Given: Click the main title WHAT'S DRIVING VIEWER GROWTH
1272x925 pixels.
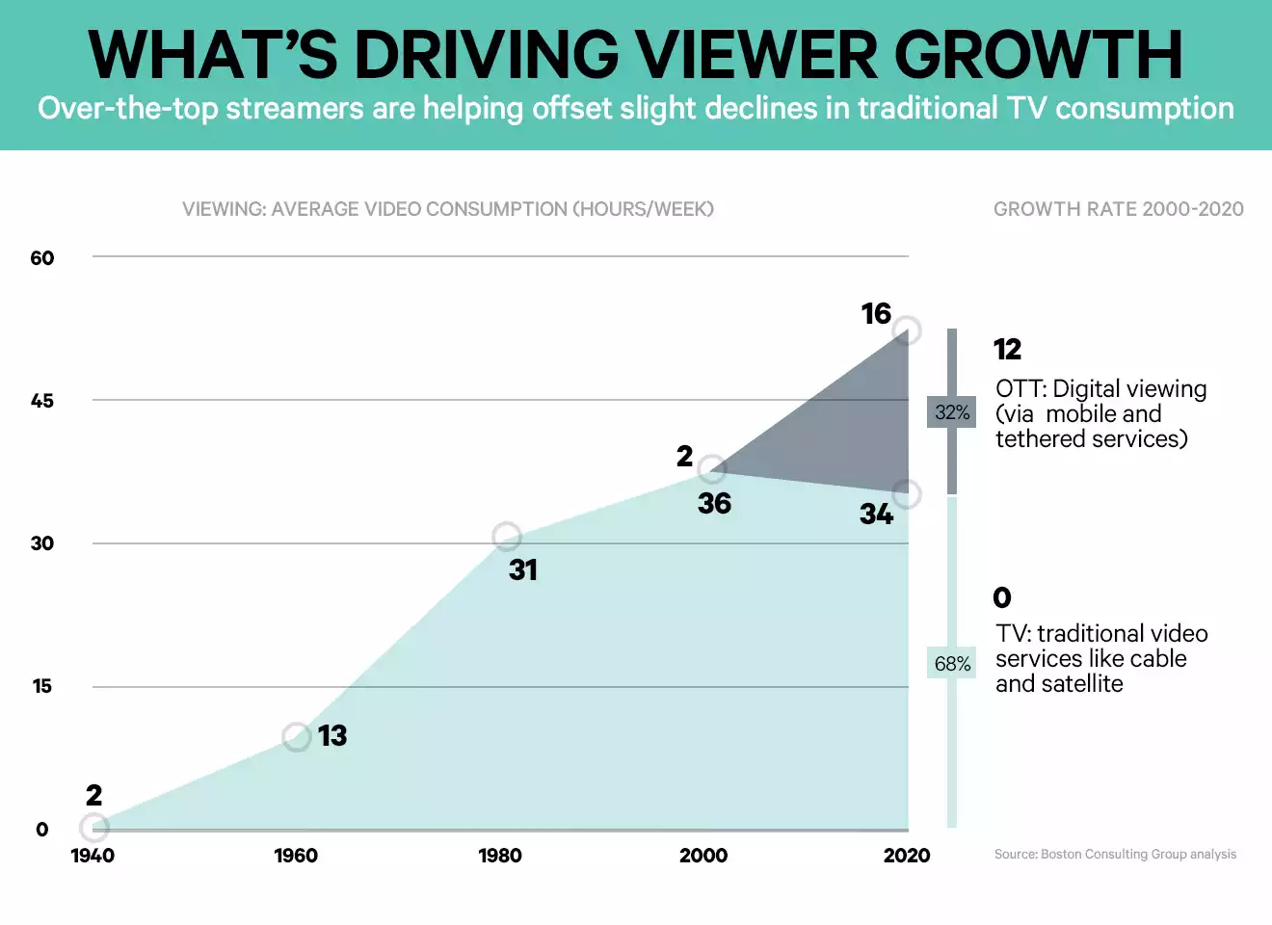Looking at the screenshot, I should tap(635, 55).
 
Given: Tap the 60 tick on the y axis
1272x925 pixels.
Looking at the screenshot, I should tap(42, 257).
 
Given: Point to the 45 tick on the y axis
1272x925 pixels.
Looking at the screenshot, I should tap(42, 401).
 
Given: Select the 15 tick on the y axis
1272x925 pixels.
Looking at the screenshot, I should tap(42, 686).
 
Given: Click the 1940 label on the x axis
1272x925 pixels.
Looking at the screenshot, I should tap(93, 856).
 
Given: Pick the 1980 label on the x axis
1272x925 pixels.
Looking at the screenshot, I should tap(500, 856).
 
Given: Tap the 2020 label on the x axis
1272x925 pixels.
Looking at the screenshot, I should tap(907, 856).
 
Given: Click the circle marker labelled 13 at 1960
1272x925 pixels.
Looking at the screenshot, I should tap(297, 737).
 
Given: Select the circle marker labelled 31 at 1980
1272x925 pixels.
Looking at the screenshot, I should tap(507, 537).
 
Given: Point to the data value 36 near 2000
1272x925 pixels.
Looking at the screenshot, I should tap(715, 504).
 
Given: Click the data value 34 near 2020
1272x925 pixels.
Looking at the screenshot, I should tap(877, 515).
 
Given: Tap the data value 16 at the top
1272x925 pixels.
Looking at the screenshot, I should tap(876, 314).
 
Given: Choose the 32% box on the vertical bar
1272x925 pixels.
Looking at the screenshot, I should tap(952, 412).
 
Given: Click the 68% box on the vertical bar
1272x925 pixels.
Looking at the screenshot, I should tap(952, 664).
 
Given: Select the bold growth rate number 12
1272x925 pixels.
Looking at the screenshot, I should tap(1007, 349).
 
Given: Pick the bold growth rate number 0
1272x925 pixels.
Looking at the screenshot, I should tap(1002, 598).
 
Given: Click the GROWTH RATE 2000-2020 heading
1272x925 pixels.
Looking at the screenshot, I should tap(1118, 209).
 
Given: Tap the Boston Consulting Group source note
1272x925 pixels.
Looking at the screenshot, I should tap(1115, 855).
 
